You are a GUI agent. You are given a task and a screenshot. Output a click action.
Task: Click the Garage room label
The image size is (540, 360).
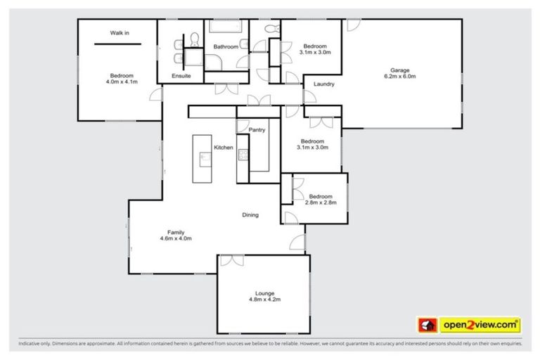point(400,70)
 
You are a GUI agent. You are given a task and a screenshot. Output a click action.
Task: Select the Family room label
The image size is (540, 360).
point(176,232)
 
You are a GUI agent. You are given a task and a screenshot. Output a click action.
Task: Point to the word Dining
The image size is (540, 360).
point(250,215)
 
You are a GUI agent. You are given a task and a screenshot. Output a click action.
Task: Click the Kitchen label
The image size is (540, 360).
point(223,147)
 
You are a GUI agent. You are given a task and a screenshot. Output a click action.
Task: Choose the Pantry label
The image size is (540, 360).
point(257,130)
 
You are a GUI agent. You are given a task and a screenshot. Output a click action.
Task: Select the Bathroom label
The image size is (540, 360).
point(226,47)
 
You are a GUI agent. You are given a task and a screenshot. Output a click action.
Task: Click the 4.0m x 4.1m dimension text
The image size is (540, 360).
point(120,82)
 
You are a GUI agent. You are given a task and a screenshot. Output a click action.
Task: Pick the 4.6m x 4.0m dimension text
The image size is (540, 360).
point(176,238)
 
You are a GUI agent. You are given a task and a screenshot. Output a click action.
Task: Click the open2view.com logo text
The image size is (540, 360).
point(480,325)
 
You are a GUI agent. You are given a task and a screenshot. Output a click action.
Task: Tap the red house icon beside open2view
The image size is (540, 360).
point(427,325)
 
